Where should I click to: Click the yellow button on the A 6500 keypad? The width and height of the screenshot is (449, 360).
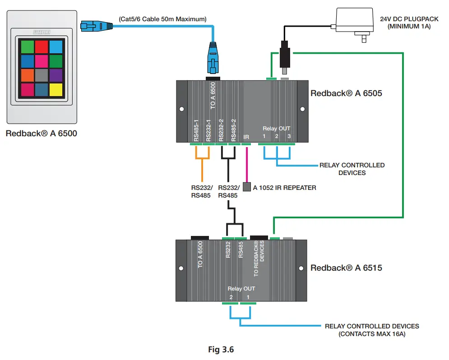[56, 90]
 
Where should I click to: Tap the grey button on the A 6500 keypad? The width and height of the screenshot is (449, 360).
[41, 74]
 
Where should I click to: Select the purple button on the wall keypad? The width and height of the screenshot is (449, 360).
[56, 74]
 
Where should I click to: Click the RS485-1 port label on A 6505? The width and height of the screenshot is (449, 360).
[196, 130]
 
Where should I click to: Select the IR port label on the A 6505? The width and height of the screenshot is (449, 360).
[246, 136]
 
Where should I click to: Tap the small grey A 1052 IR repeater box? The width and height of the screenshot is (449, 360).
[246, 187]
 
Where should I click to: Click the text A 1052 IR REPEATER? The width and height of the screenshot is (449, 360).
[284, 187]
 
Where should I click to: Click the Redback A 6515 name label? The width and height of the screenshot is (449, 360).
[346, 268]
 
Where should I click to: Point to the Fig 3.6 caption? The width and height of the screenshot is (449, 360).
[221, 349]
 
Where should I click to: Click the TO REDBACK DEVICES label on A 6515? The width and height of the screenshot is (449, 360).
[259, 258]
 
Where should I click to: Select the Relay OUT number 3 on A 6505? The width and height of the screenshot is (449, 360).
[289, 136]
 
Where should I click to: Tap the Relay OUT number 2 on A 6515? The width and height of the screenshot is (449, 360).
[231, 297]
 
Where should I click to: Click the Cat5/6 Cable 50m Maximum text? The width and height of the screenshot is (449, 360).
[162, 19]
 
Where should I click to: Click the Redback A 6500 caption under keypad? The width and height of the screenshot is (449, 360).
[42, 134]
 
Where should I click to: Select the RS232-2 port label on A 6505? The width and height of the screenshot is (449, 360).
[221, 130]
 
